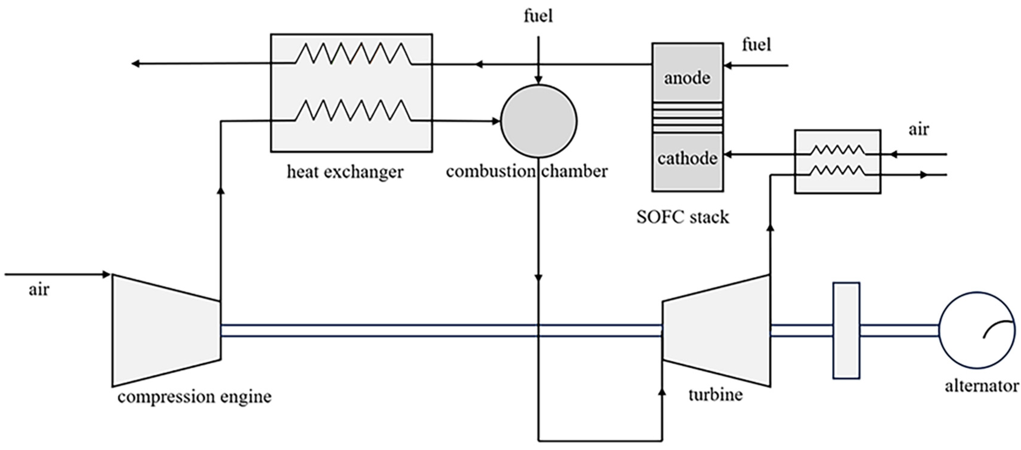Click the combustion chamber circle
[x=539, y=121]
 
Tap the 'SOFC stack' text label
[x=682, y=217]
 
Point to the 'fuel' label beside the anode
[x=756, y=45]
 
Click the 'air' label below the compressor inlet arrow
[x=39, y=290]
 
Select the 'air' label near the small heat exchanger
[x=918, y=130]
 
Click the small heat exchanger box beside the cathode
[x=837, y=162]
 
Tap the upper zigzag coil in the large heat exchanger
[x=353, y=54]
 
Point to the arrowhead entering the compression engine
[x=106, y=274]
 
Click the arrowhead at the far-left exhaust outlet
[x=135, y=64]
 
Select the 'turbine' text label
[x=715, y=395]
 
